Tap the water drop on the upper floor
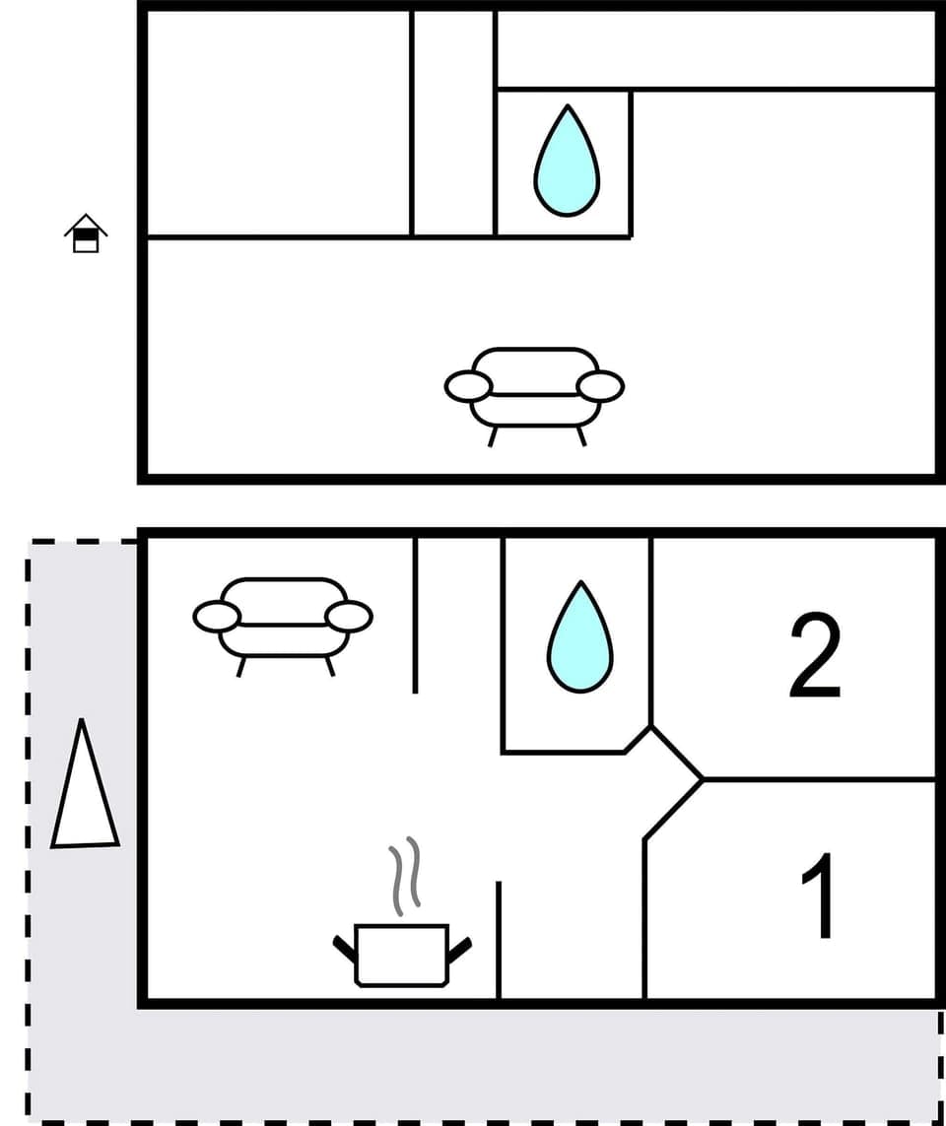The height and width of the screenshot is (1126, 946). click(x=567, y=163)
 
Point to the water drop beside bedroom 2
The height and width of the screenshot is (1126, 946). click(x=579, y=637)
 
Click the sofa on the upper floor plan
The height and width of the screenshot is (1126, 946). click(x=534, y=386)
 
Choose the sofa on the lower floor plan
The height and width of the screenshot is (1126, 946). click(x=283, y=617)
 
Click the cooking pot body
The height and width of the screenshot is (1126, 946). click(x=401, y=955)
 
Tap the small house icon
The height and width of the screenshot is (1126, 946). click(x=86, y=233)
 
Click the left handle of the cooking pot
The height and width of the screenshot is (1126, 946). click(x=344, y=948)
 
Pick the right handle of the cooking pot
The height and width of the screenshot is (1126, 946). click(x=459, y=948)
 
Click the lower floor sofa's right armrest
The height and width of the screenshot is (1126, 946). click(x=349, y=617)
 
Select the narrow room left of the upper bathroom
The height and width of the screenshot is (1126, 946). click(x=453, y=123)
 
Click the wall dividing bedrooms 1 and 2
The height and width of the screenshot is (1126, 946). click(x=818, y=779)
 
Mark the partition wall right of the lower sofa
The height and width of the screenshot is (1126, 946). click(x=415, y=616)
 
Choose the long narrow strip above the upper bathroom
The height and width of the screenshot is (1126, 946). click(x=714, y=49)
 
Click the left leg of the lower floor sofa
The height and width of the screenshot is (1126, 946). click(x=240, y=667)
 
